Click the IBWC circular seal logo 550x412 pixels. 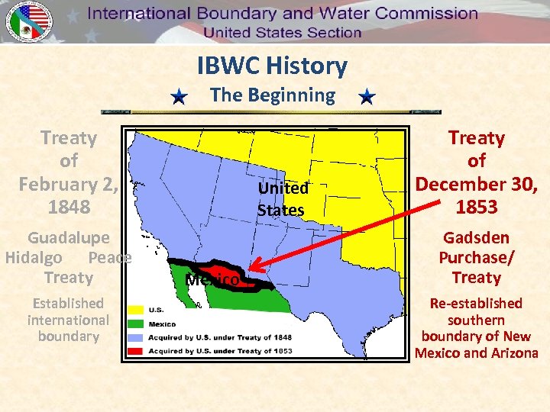click(28, 21)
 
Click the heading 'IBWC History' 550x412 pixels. click(272, 66)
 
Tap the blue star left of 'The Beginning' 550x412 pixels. click(179, 97)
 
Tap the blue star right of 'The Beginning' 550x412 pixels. click(367, 97)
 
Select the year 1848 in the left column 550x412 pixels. click(69, 207)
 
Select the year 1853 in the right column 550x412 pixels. click(477, 207)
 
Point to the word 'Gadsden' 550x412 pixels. click(477, 237)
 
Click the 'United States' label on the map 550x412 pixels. click(282, 198)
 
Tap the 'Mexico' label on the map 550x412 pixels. click(212, 280)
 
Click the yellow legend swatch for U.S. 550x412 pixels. click(137, 311)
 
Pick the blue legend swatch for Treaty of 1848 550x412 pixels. click(137, 337)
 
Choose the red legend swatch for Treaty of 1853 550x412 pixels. click(137, 351)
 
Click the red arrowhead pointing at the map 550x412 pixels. click(256, 268)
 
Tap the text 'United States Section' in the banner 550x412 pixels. click(282, 32)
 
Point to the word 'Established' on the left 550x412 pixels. click(69, 304)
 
